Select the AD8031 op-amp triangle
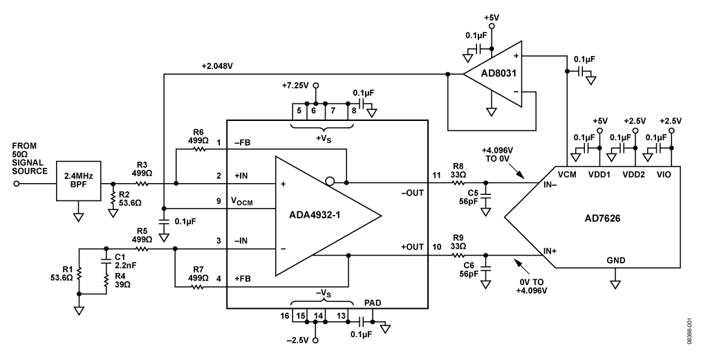(492, 73)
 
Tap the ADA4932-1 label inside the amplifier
(315, 215)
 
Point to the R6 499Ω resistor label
(198, 136)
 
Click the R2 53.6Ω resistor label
(131, 199)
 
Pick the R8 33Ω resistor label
(458, 171)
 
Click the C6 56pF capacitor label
(469, 269)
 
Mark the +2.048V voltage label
(217, 66)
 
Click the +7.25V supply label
(295, 85)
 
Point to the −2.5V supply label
(297, 340)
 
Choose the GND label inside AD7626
(616, 260)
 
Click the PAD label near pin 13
(373, 303)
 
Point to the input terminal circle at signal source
(17, 184)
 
